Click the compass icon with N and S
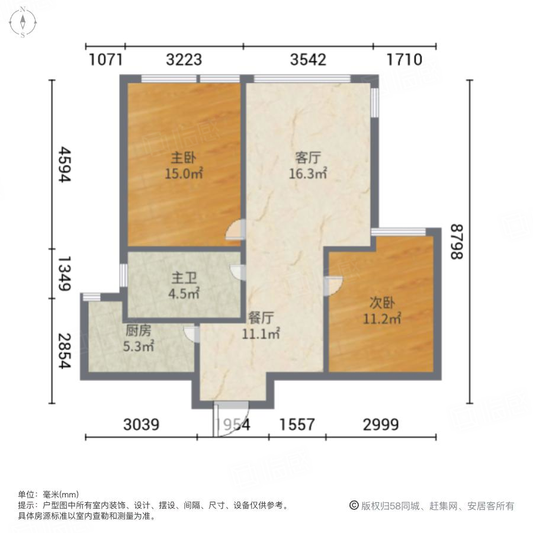pyautogui.click(x=23, y=22)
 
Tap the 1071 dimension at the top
pyautogui.click(x=105, y=60)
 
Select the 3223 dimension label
pyautogui.click(x=184, y=60)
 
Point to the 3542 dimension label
pyautogui.click(x=308, y=60)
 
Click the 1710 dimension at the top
pyautogui.click(x=404, y=60)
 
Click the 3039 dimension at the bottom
pyautogui.click(x=142, y=425)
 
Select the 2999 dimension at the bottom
pyautogui.click(x=381, y=425)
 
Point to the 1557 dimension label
pyautogui.click(x=297, y=425)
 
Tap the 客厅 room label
pyautogui.click(x=308, y=158)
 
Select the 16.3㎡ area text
pyautogui.click(x=308, y=174)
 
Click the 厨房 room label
pyautogui.click(x=137, y=332)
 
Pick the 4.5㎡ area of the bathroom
pyautogui.click(x=185, y=292)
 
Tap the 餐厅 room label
pyautogui.click(x=261, y=318)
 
